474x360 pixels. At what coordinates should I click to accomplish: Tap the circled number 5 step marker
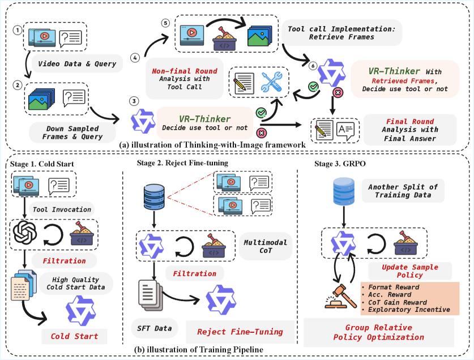165,24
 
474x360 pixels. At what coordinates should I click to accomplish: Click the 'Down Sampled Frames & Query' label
72,132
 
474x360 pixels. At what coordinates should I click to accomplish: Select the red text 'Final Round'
410,121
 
